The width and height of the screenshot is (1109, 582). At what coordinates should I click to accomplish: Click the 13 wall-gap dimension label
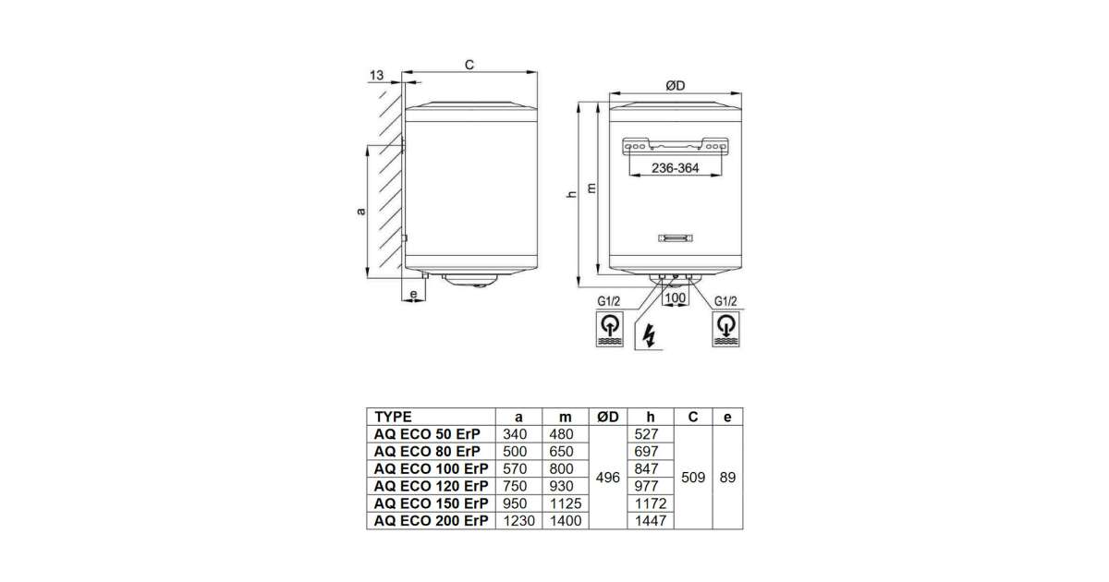tap(375, 75)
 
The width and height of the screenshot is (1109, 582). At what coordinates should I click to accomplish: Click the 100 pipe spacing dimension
tap(676, 297)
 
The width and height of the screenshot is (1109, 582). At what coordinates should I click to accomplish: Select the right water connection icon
tap(727, 330)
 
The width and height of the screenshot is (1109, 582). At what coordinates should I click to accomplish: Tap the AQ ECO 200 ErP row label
tap(430, 521)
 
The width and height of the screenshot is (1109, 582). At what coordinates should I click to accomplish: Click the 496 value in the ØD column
tap(607, 478)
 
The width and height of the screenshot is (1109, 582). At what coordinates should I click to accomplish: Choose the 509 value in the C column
tap(694, 478)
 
